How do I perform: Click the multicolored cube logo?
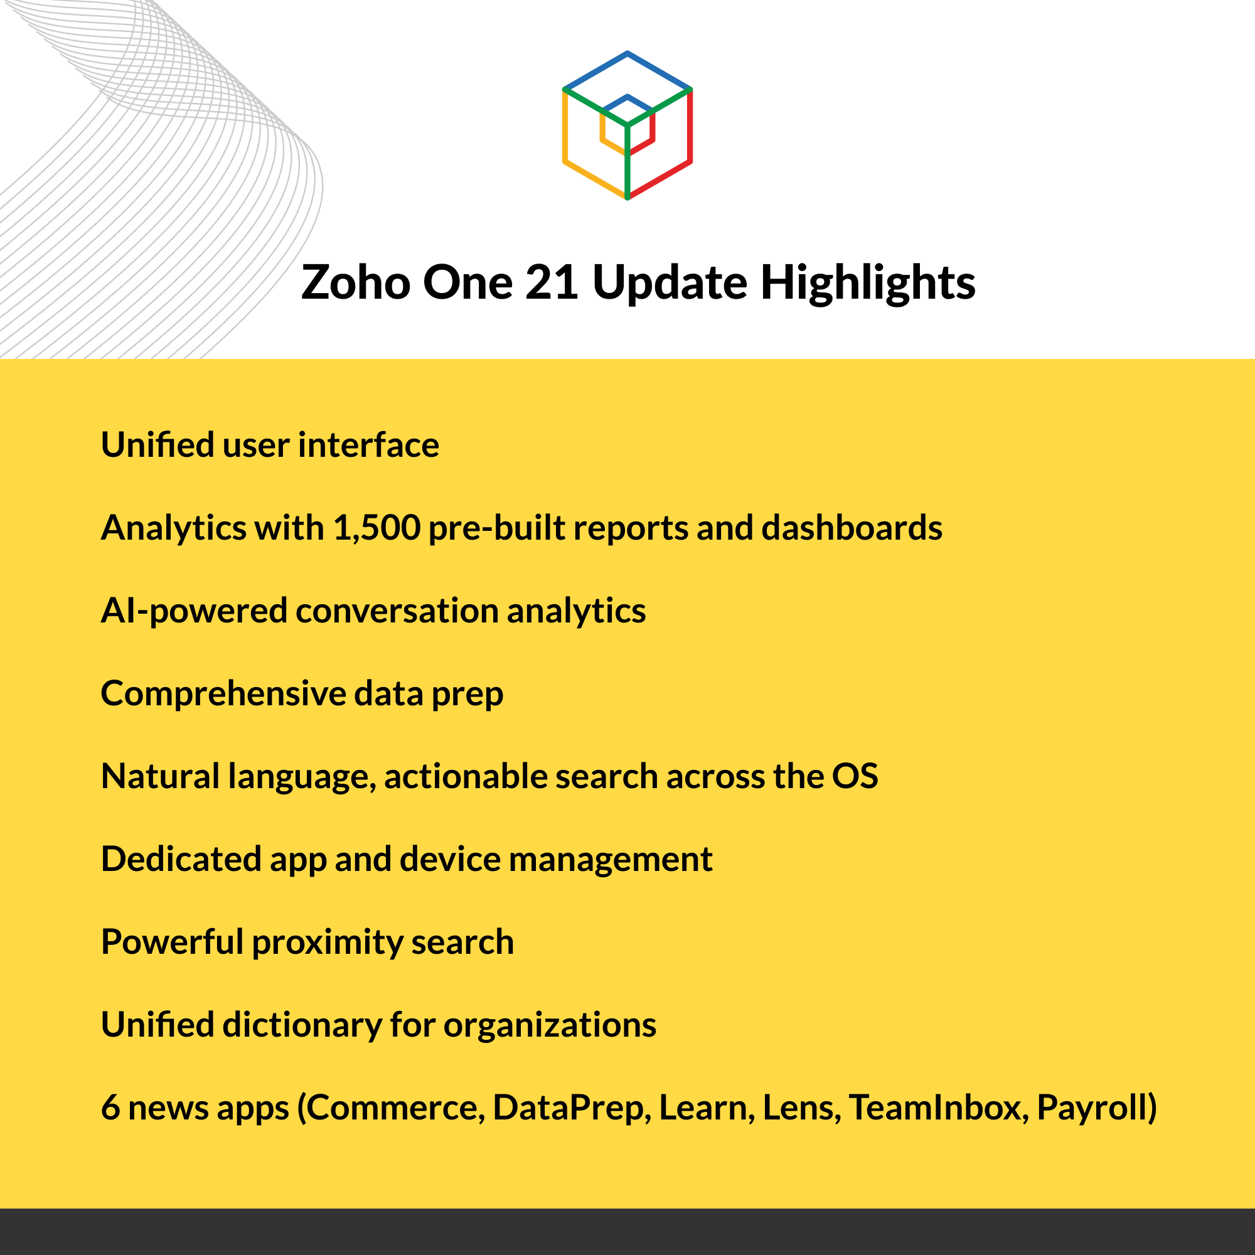pyautogui.click(x=627, y=125)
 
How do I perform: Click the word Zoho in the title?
pyautogui.click(x=355, y=282)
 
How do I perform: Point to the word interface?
pyautogui.click(x=368, y=446)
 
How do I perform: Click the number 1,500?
pyautogui.click(x=376, y=528)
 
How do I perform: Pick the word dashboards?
pyautogui.click(x=852, y=528)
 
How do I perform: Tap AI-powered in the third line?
pyautogui.click(x=193, y=611)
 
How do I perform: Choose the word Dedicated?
pyautogui.click(x=181, y=859)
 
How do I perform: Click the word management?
pyautogui.click(x=611, y=860)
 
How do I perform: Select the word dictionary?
pyautogui.click(x=302, y=1025)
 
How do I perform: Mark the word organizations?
pyautogui.click(x=550, y=1025)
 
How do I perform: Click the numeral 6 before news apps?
pyautogui.click(x=110, y=1108)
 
